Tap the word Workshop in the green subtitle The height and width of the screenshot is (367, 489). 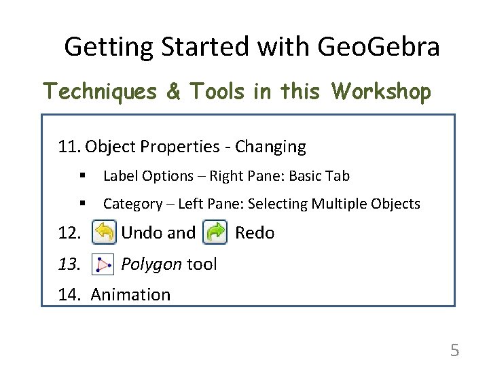(381, 92)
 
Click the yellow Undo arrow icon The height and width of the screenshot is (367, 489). (104, 232)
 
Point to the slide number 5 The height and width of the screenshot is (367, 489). (454, 351)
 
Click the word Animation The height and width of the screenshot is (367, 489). (130, 295)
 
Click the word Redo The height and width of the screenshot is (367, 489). (255, 233)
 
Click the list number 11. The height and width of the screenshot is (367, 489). (69, 147)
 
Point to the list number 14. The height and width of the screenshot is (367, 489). (69, 295)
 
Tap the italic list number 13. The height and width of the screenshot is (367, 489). (69, 264)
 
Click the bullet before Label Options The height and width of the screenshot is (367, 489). (82, 176)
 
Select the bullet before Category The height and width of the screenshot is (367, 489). (82, 204)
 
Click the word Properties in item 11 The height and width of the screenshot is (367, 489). (172, 147)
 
